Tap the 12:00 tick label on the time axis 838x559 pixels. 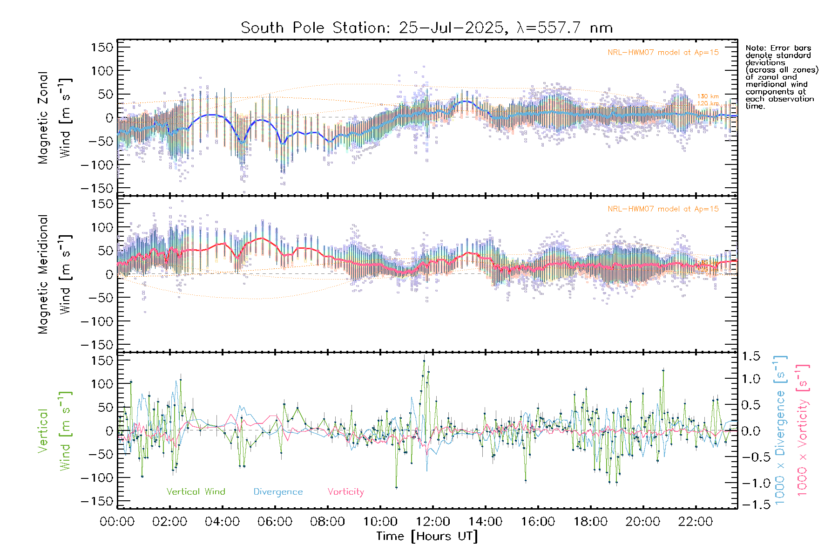pos(433,522)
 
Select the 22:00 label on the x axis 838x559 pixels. pos(696,522)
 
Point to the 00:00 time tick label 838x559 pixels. pos(117,522)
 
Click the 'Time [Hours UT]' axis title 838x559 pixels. pos(427,536)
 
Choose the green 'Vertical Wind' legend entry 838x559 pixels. pos(196,492)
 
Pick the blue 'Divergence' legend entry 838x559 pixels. pos(278,492)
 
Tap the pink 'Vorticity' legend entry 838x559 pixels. pos(345,492)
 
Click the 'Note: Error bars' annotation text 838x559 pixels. pos(778,48)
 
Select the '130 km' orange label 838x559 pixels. pos(708,96)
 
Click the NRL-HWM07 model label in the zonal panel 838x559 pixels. pos(663,53)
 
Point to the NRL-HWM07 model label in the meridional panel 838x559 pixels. pos(663,209)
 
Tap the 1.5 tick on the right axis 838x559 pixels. pos(750,356)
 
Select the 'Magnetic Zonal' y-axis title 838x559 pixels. pos(43,118)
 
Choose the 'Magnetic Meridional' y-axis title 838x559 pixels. pos(43,274)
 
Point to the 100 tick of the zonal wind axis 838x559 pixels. pos(103,71)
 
